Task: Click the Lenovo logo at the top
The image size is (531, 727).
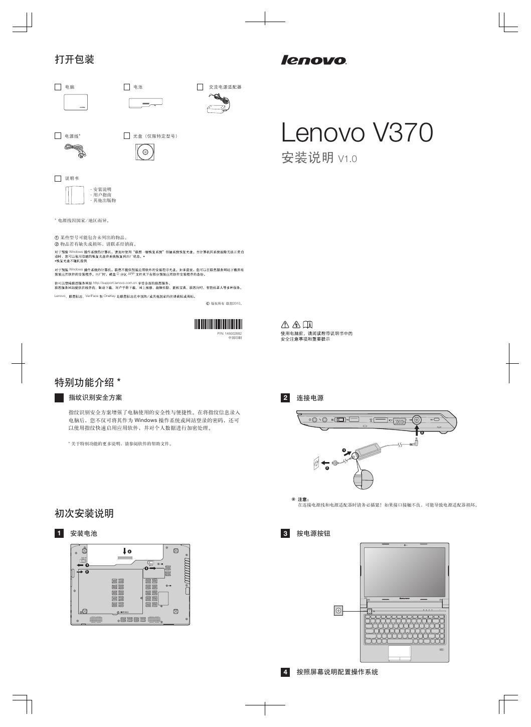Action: pos(314,60)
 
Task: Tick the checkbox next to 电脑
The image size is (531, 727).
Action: pos(58,87)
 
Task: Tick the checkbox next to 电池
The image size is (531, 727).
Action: pos(127,87)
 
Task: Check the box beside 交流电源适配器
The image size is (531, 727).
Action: pos(201,87)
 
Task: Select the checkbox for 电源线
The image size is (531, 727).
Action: pos(58,135)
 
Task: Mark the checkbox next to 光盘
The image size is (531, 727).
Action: pos(127,135)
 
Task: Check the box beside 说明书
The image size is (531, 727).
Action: pos(58,178)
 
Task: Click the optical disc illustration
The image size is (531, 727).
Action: pos(145,152)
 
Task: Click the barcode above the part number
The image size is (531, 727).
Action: pos(218,324)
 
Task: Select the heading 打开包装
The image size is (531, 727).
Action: pos(74,60)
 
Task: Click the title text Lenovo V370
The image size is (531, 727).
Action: pos(357,132)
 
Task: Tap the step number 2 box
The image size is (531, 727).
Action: pos(285,398)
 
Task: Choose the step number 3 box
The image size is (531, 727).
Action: pos(285,533)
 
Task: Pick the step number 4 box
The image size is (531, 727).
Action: pos(285,672)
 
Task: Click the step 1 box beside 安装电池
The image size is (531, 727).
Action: pos(59,533)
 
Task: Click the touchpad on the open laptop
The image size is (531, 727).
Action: pos(400,652)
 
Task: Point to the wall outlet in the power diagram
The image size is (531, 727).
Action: pos(316,463)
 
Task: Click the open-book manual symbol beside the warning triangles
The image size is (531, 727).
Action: pos(308,324)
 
